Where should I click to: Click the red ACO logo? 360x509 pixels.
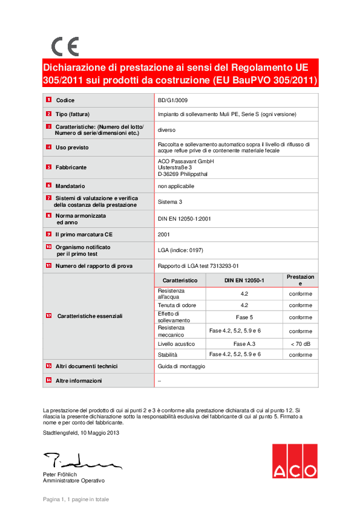pyautogui.click(x=294, y=461)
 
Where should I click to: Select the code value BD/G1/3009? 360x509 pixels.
pyautogui.click(x=172, y=100)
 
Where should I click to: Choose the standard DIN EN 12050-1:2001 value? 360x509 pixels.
pyautogui.click(x=185, y=218)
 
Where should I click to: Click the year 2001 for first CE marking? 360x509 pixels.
pyautogui.click(x=163, y=234)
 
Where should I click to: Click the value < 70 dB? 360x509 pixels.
pyautogui.click(x=300, y=343)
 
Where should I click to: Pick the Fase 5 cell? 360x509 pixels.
pyautogui.click(x=243, y=317)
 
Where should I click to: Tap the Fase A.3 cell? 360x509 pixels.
pyautogui.click(x=243, y=343)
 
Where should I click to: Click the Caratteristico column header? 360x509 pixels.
pyautogui.click(x=180, y=281)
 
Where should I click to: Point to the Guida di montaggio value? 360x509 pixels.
pyautogui.click(x=182, y=366)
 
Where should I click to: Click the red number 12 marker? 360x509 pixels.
pyautogui.click(x=48, y=316)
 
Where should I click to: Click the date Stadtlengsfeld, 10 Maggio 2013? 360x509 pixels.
pyautogui.click(x=82, y=433)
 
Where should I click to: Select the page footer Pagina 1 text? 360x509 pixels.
pyautogui.click(x=76, y=499)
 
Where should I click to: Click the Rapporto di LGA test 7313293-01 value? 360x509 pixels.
pyautogui.click(x=198, y=265)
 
